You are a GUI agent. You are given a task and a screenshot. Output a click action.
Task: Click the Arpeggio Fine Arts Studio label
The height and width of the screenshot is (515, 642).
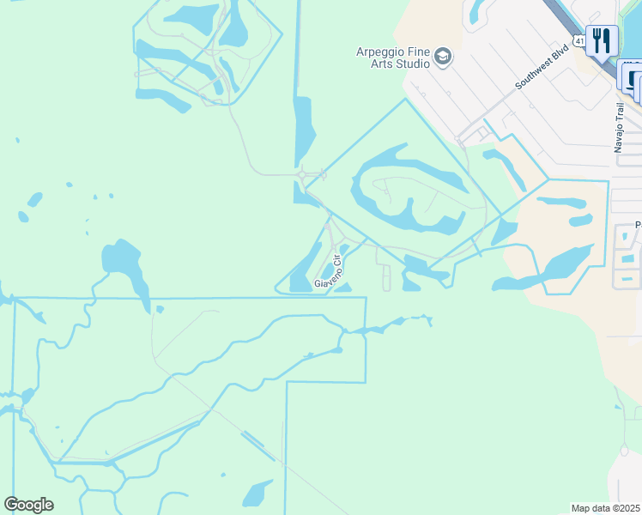point(393,58)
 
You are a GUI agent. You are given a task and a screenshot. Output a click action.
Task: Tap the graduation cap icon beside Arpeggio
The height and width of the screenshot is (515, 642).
point(443,58)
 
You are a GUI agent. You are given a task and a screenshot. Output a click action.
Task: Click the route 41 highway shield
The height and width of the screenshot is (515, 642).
point(580,40)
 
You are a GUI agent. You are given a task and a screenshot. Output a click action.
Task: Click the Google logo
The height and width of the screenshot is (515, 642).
point(28,505)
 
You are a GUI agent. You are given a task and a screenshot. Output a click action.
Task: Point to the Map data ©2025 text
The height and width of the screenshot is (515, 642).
point(605,508)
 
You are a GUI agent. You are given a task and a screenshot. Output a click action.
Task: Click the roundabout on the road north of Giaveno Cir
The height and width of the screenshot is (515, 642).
point(302,177)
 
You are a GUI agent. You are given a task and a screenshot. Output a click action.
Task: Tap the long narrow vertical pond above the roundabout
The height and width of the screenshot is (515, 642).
point(304,129)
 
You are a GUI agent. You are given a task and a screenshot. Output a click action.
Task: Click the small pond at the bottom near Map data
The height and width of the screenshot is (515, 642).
point(257,494)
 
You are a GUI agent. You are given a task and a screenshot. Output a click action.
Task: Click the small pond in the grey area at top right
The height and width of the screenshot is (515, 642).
point(477,12)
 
